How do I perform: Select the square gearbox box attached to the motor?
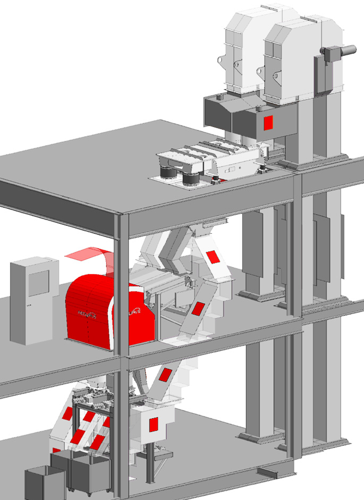pyautogui.click(x=333, y=54)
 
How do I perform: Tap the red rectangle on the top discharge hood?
pyautogui.click(x=268, y=122)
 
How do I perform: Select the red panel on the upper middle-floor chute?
pyautogui.click(x=213, y=257)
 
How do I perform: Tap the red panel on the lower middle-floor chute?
pyautogui.click(x=199, y=308)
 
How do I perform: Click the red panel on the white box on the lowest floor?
pyautogui.click(x=154, y=424)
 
